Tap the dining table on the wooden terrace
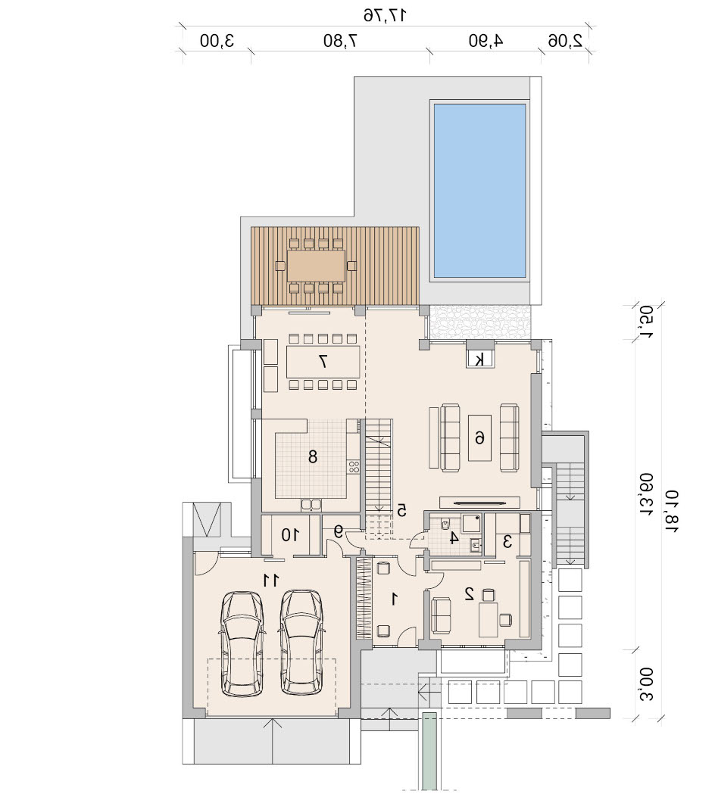316,266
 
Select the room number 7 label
323,361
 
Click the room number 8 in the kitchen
313,456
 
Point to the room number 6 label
479,437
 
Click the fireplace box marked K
479,359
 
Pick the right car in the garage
301,642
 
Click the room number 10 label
290,534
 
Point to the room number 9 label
338,531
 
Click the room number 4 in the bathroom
454,537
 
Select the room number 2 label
470,593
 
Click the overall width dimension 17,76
385,15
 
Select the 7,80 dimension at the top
341,41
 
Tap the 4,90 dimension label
486,41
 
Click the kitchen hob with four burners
353,466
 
